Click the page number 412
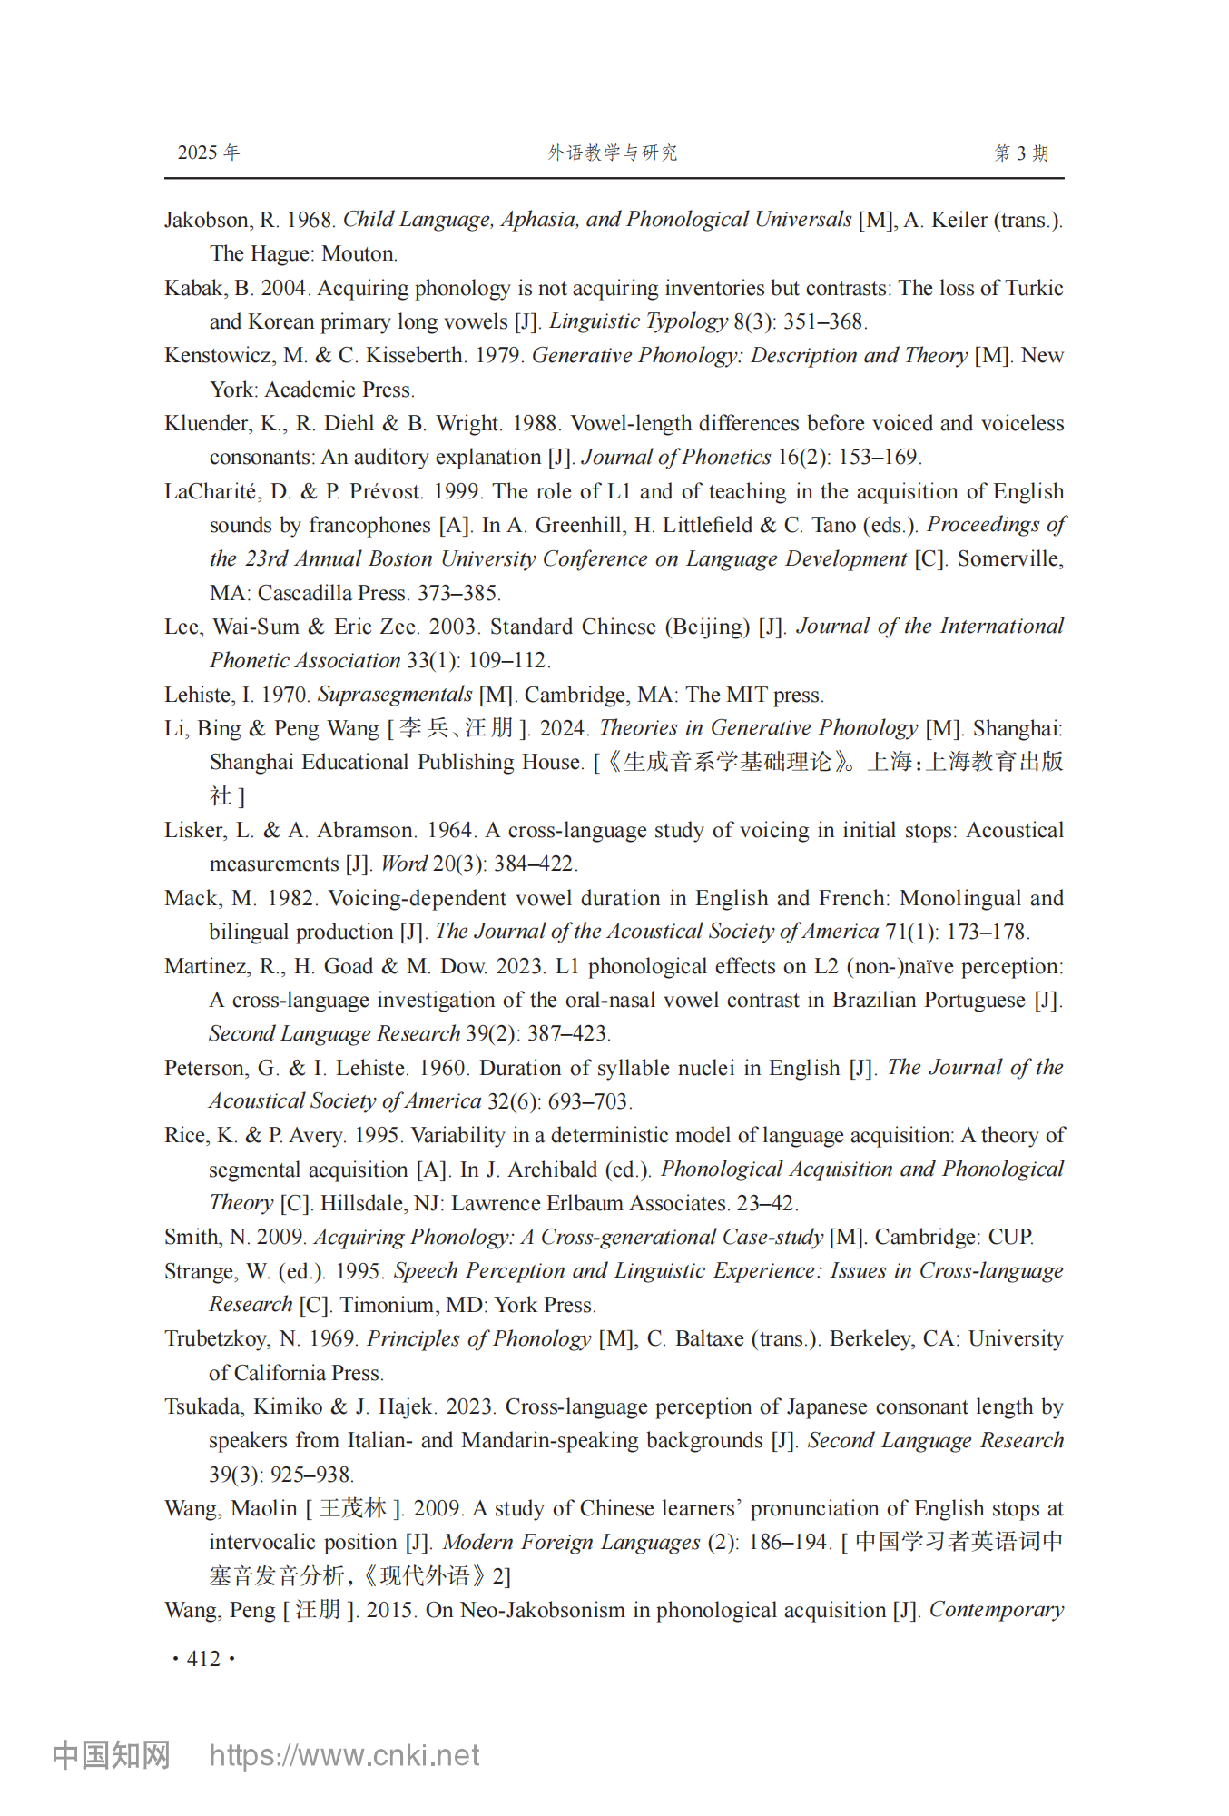click(203, 1659)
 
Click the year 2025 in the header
click(197, 153)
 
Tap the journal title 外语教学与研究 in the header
click(613, 153)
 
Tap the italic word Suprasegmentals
click(394, 695)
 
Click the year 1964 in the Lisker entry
click(449, 830)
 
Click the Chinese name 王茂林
click(353, 1508)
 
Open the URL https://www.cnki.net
click(344, 1755)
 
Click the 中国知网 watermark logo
click(111, 1755)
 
